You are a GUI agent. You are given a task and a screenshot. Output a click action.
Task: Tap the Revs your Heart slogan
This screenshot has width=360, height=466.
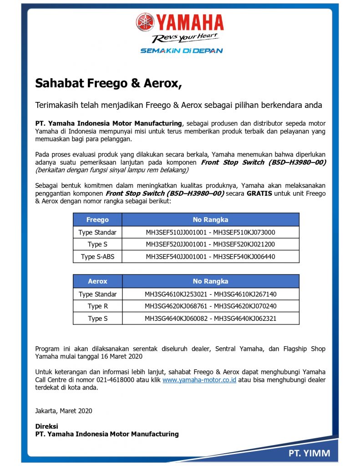[x=185, y=38]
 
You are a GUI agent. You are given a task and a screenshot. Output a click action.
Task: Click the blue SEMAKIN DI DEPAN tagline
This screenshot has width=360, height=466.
[x=181, y=51]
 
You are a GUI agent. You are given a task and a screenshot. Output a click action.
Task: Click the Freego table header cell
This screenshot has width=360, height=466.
[x=97, y=220]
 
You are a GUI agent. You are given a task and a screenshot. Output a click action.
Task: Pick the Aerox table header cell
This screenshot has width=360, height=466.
[x=97, y=281]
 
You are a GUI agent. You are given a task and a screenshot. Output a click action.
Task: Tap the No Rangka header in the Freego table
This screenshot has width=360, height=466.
[x=210, y=220]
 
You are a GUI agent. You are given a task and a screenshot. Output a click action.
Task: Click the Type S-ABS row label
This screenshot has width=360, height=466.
[x=97, y=257]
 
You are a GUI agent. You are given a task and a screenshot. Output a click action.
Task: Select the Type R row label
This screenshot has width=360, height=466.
[x=97, y=306]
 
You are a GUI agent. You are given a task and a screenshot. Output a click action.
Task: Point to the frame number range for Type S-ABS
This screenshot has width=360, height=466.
[x=210, y=257]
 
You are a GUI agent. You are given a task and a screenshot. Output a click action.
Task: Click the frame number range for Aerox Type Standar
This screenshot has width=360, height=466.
[x=210, y=294]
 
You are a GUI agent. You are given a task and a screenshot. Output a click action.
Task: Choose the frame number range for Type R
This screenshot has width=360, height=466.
[x=210, y=306]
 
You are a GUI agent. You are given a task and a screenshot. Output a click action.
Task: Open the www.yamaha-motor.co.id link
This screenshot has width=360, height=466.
[x=199, y=380]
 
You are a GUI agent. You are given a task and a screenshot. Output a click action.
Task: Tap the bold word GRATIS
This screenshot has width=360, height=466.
[x=259, y=193]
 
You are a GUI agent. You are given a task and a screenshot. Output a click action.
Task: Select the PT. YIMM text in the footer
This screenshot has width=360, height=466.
[x=309, y=453]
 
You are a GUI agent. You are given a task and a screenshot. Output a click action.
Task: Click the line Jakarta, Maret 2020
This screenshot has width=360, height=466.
[x=64, y=410]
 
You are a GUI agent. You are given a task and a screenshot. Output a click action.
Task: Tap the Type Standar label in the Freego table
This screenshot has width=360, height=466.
[x=97, y=232]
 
